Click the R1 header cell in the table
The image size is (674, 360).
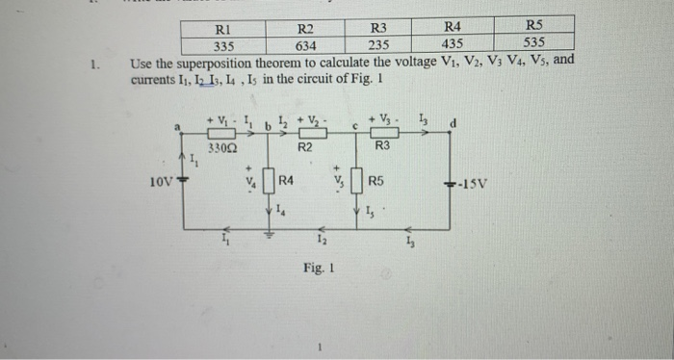pyautogui.click(x=224, y=27)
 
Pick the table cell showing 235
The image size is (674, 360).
pyautogui.click(x=377, y=43)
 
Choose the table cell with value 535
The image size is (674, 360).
pyautogui.click(x=534, y=42)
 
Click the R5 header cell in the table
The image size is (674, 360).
pyautogui.click(x=535, y=25)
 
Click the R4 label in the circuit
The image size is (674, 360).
pyautogui.click(x=287, y=180)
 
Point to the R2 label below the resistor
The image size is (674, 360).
pyautogui.click(x=305, y=148)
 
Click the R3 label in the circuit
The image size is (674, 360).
pyautogui.click(x=382, y=146)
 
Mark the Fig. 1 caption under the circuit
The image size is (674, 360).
pyautogui.click(x=317, y=271)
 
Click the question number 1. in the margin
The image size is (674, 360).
pyautogui.click(x=92, y=65)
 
